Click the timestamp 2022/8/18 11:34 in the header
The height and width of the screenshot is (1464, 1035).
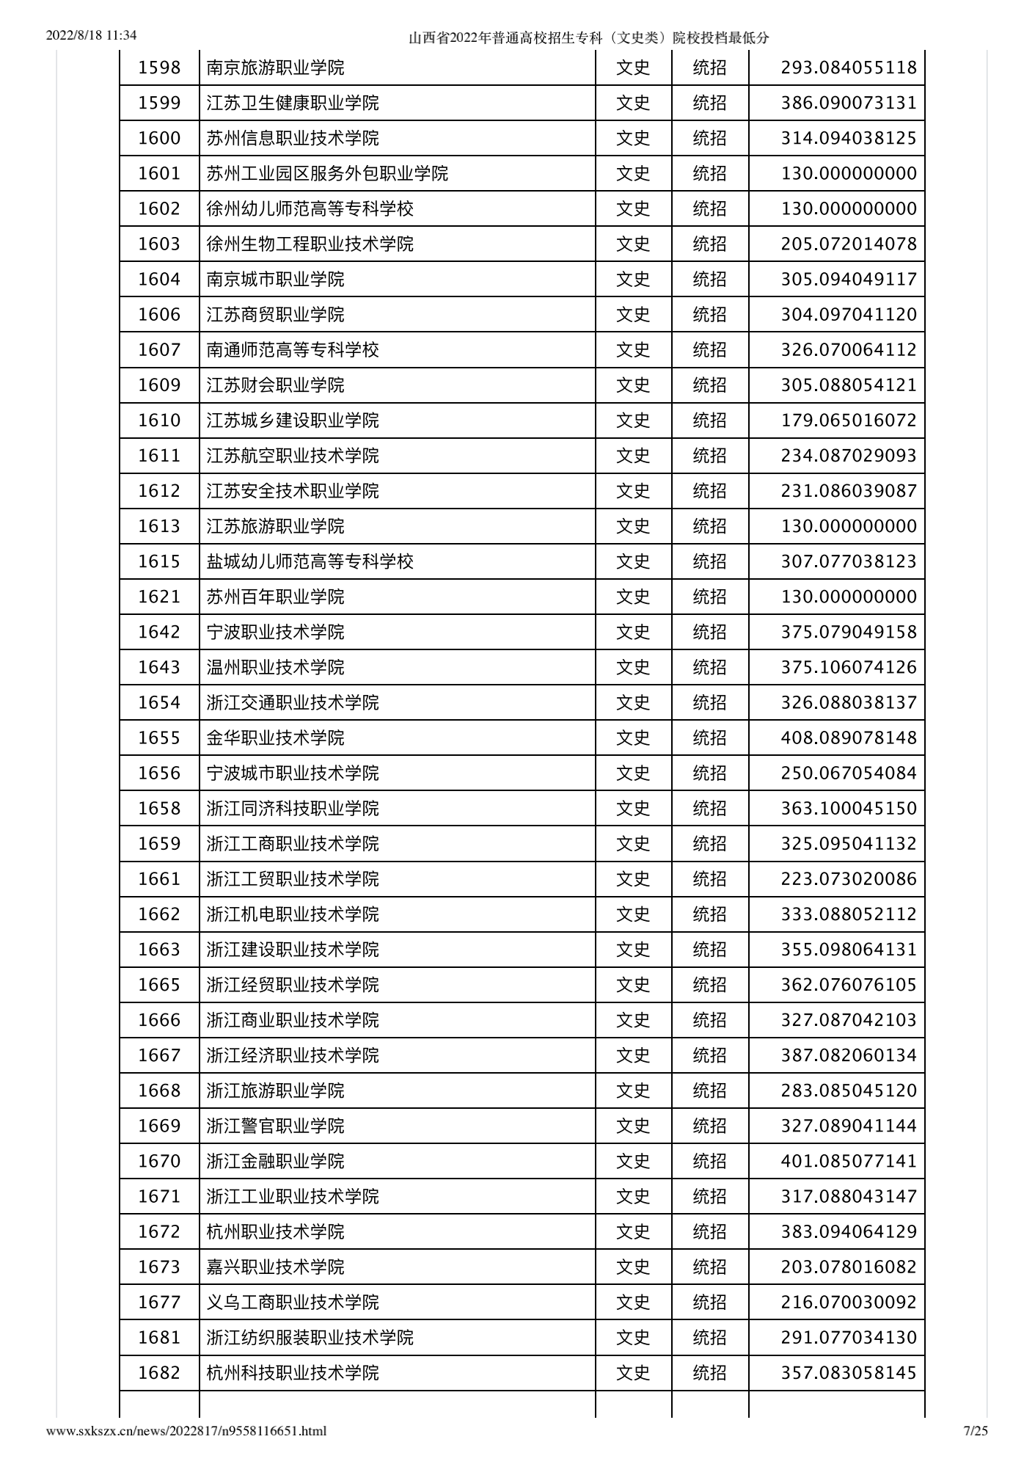click(x=91, y=35)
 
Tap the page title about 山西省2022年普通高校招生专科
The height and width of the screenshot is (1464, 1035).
click(x=588, y=38)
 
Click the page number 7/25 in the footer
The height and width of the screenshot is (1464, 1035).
click(x=975, y=1430)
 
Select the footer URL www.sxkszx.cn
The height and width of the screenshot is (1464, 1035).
click(x=186, y=1430)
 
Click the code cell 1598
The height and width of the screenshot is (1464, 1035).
click(x=159, y=68)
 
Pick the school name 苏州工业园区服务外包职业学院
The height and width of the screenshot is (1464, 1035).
click(x=327, y=174)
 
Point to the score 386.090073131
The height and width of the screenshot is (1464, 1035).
click(x=849, y=103)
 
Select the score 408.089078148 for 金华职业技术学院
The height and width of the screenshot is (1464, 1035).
click(x=849, y=738)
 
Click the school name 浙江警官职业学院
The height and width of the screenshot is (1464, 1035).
click(x=275, y=1126)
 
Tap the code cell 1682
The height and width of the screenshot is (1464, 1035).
click(x=159, y=1373)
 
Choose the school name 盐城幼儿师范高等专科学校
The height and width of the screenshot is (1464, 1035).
click(x=310, y=562)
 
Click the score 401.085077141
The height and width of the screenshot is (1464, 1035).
click(x=849, y=1161)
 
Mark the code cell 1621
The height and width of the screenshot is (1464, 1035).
click(x=159, y=597)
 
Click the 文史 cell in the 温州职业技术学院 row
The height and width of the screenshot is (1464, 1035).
click(x=633, y=668)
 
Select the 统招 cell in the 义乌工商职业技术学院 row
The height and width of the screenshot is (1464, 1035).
click(x=709, y=1303)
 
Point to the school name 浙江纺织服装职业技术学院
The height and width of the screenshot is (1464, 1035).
click(x=310, y=1338)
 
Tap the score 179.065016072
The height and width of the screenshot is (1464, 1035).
click(x=849, y=420)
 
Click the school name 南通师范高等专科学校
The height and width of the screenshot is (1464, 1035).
click(x=293, y=350)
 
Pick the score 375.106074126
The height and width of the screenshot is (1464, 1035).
click(x=849, y=668)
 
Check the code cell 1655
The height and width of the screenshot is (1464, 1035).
click(x=159, y=738)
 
